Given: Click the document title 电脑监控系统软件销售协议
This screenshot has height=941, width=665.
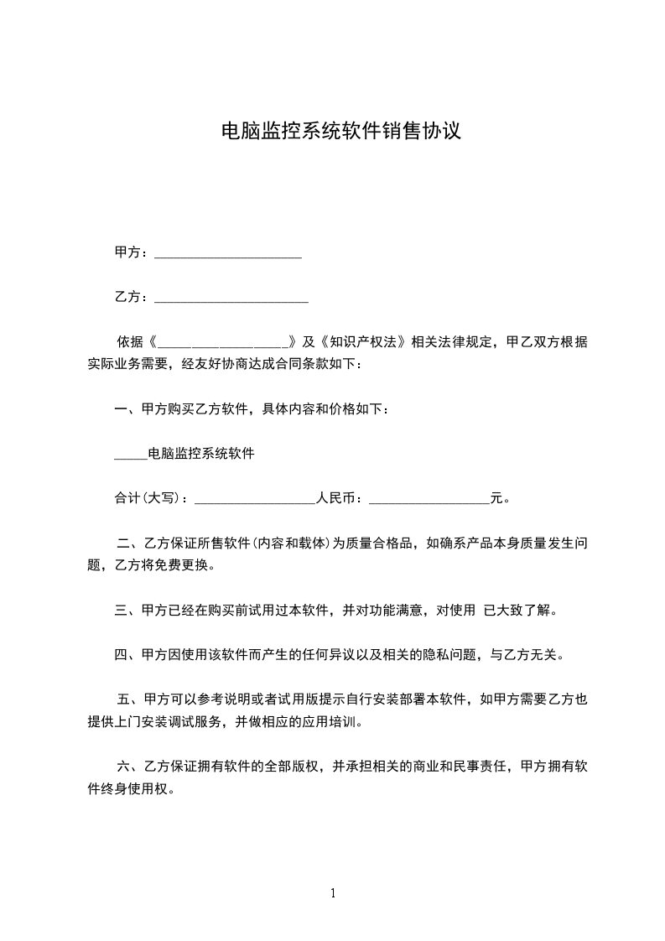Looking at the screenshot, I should pyautogui.click(x=340, y=132).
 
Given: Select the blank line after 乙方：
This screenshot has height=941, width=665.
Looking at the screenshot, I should pyautogui.click(x=231, y=299).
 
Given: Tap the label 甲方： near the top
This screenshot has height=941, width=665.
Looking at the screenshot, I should pyautogui.click(x=132, y=252).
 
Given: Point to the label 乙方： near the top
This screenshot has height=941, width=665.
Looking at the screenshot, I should pyautogui.click(x=132, y=297).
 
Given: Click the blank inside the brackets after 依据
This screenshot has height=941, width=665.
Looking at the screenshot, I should pyautogui.click(x=222, y=343).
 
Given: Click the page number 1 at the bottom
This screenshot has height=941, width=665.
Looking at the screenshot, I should pyautogui.click(x=333, y=893).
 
